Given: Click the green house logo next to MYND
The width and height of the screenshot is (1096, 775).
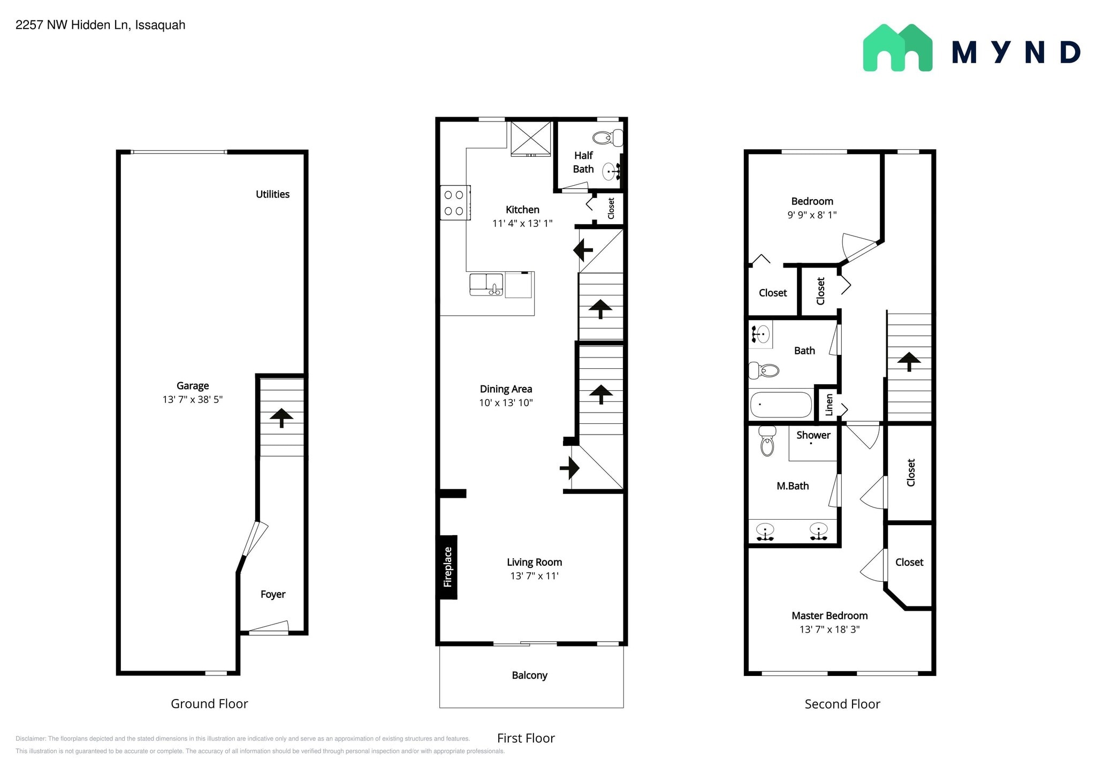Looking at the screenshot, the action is point(897,47).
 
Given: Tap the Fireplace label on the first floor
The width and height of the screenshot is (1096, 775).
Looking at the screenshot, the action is point(448,567).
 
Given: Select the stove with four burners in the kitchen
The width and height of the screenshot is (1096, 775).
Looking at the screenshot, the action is point(455,202).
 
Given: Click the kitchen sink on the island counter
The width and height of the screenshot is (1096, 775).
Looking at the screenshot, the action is point(486,284).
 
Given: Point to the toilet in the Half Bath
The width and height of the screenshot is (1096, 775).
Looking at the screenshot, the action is point(608,138).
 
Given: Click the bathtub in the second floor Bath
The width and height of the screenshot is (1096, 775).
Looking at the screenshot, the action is point(781,405).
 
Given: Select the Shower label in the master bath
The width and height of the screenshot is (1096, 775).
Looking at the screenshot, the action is point(813,435).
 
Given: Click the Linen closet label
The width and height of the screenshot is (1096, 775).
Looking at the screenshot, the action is point(829,405).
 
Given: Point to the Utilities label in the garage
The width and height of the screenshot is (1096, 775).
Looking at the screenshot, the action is point(272,194).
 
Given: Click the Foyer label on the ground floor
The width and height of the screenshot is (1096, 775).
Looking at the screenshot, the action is point(273,594).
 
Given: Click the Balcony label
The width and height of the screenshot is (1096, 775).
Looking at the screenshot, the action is point(529,675).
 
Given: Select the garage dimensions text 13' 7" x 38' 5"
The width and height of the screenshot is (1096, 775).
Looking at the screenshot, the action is point(193,399).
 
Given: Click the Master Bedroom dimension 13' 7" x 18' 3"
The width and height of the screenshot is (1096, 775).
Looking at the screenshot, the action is point(829,629).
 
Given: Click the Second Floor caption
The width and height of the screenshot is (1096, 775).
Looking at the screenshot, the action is point(842,704).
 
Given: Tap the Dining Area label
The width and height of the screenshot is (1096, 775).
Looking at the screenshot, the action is point(506,389).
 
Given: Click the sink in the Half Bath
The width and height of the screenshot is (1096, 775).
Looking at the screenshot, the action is point(612,171).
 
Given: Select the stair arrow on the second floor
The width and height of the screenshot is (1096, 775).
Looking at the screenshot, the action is point(909,361).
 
